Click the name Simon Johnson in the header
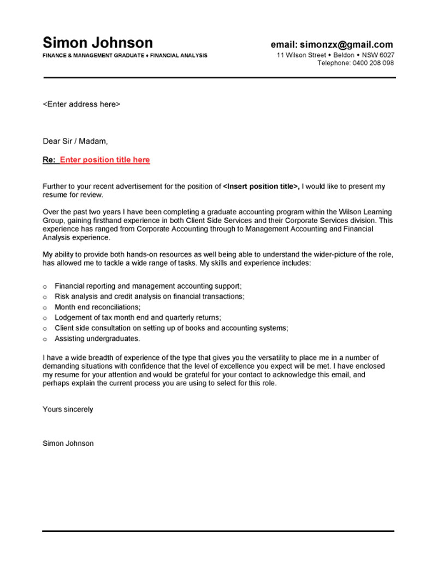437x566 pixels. point(98,43)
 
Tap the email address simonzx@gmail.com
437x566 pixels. point(346,45)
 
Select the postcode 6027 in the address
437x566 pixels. point(386,55)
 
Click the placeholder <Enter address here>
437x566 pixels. point(81,104)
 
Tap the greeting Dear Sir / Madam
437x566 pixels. point(75,141)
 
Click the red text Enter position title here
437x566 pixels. point(105,160)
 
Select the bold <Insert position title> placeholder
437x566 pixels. point(261,186)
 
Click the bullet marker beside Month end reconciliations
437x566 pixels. point(45,307)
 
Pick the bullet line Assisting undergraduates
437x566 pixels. point(97,339)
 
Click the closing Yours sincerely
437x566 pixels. point(68,409)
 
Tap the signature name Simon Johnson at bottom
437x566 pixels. point(68,444)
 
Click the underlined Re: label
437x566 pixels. point(49,160)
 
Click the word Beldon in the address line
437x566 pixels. point(344,55)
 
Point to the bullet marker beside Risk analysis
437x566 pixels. point(45,297)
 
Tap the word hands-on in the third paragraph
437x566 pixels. point(144,255)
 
